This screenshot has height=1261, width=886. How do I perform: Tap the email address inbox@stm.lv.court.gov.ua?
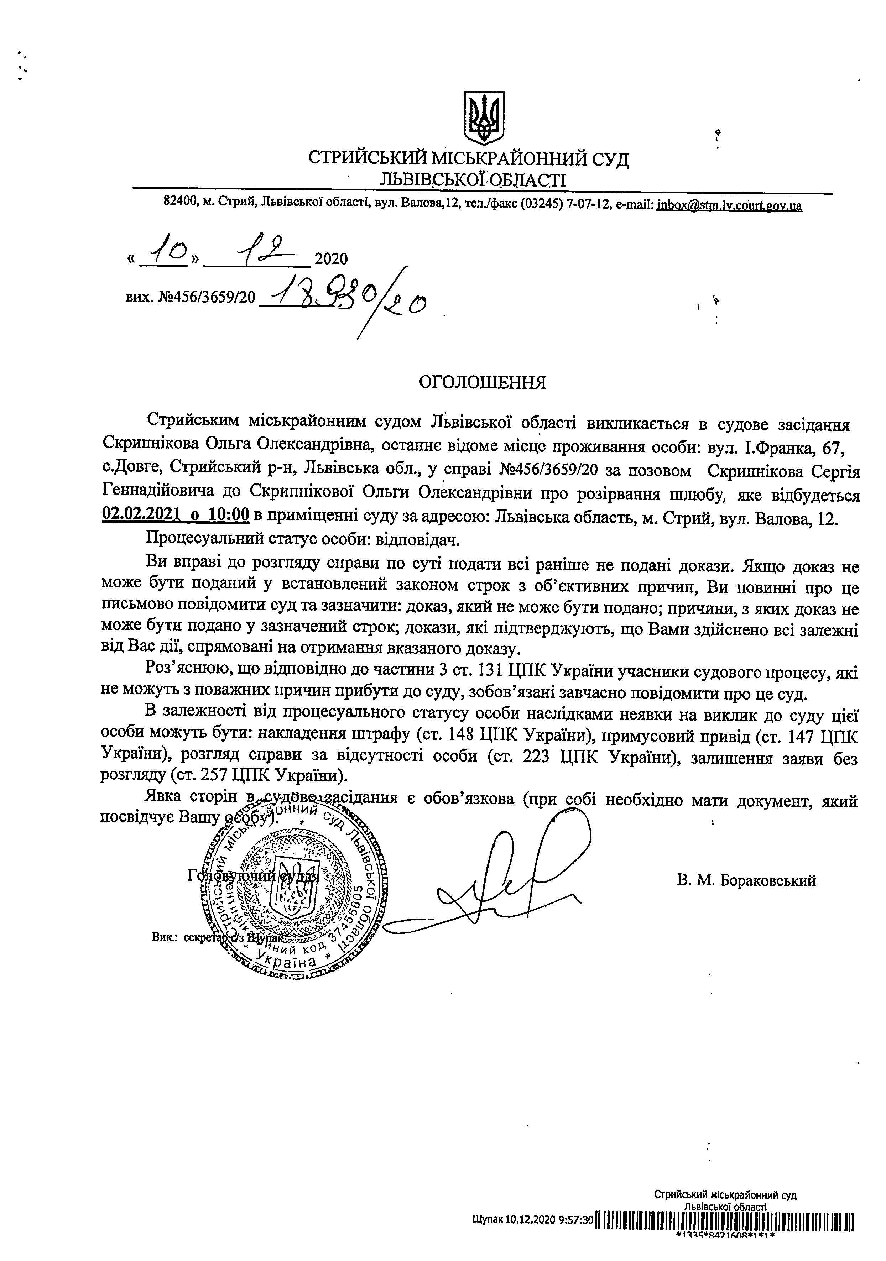[x=729, y=206]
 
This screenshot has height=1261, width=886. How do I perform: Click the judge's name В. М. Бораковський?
[x=746, y=881]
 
